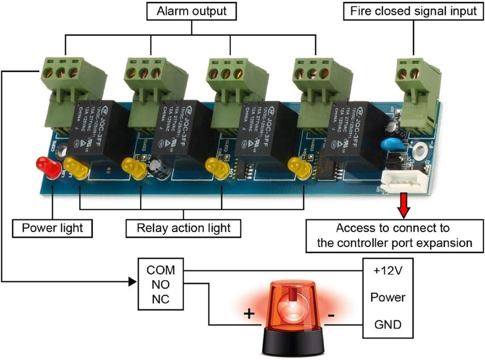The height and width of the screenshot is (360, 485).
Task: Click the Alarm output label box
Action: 191,11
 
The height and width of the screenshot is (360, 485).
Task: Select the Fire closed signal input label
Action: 413,11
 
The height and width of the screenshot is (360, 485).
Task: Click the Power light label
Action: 52,228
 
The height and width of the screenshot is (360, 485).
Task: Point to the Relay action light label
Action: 183,228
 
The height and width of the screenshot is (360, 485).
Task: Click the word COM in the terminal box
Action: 160,270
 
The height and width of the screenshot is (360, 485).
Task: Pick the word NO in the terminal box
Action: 160,284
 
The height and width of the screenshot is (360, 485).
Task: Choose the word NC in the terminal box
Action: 160,299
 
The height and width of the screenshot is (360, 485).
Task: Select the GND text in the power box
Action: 388,325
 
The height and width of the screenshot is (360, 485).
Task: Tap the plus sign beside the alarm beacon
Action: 249,314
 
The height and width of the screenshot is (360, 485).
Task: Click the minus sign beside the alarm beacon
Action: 331,315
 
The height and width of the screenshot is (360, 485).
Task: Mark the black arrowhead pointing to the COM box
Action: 133,281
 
